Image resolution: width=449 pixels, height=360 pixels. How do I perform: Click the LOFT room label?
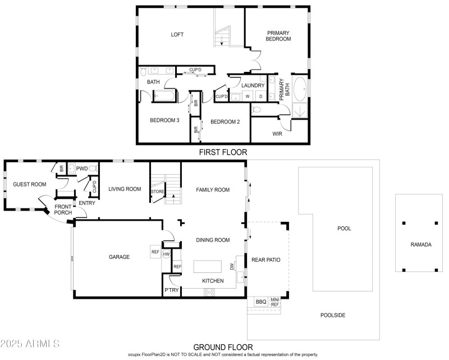click(177, 34)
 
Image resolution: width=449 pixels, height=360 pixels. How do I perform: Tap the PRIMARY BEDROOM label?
click(278, 36)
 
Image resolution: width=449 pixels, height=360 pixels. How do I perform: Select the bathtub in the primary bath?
click(300, 89)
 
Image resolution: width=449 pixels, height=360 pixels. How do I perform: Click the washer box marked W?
click(248, 97)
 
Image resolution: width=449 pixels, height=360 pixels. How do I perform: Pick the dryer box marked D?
click(260, 97)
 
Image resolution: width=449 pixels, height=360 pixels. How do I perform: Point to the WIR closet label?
click(277, 134)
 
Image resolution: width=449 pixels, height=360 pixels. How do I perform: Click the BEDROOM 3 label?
click(164, 120)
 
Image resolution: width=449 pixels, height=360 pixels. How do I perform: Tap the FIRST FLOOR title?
click(223, 152)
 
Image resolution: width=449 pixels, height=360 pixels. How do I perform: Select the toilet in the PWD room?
click(93, 168)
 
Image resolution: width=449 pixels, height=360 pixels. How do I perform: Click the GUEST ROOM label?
click(30, 184)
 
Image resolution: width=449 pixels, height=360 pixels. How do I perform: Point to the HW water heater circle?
click(166, 254)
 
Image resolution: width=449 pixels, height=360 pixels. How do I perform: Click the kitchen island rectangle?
click(207, 267)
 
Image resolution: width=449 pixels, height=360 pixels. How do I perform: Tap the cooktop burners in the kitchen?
click(209, 293)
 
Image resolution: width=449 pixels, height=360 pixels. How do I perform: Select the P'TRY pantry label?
click(172, 290)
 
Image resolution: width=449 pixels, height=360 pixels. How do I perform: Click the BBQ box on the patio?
click(261, 302)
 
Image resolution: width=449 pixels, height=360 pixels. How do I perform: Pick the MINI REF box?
click(275, 302)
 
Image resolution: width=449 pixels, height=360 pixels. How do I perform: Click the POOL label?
click(344, 229)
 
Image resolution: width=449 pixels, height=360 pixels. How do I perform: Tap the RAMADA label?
click(420, 244)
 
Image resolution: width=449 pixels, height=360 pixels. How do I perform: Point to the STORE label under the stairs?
click(158, 192)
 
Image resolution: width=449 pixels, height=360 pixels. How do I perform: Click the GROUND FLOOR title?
click(223, 348)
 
